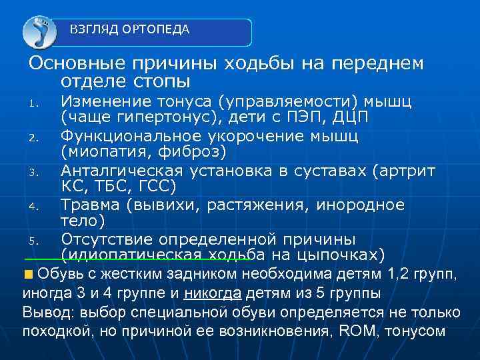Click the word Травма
pos(90,205)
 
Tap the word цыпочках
pos(338,255)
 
